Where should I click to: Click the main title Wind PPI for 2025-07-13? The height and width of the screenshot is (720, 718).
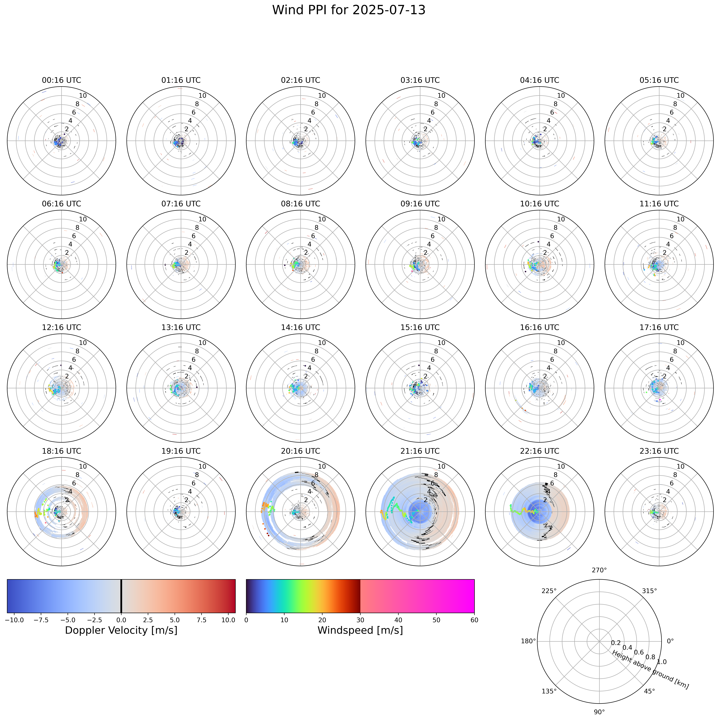coord(349,10)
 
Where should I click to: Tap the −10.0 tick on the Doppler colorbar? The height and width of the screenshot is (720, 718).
coord(15,620)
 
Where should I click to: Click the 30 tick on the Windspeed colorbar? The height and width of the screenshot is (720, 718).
coord(360,620)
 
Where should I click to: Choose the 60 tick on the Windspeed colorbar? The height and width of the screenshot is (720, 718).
coord(474,620)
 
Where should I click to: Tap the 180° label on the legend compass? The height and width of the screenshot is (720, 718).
coord(529,641)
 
